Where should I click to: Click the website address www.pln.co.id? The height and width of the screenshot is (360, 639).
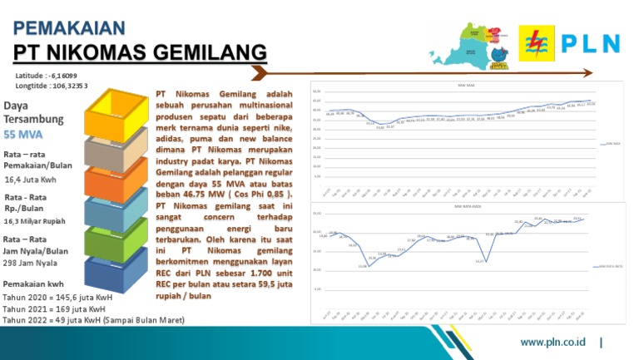(x=552, y=342)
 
